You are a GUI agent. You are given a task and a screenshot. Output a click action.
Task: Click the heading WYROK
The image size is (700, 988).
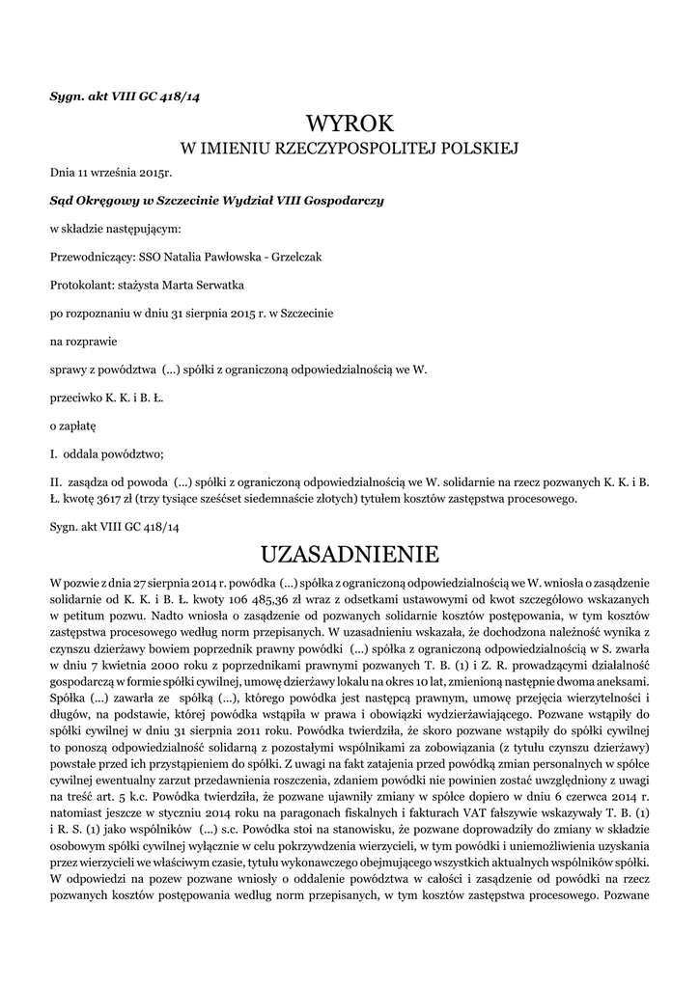[x=350, y=123]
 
